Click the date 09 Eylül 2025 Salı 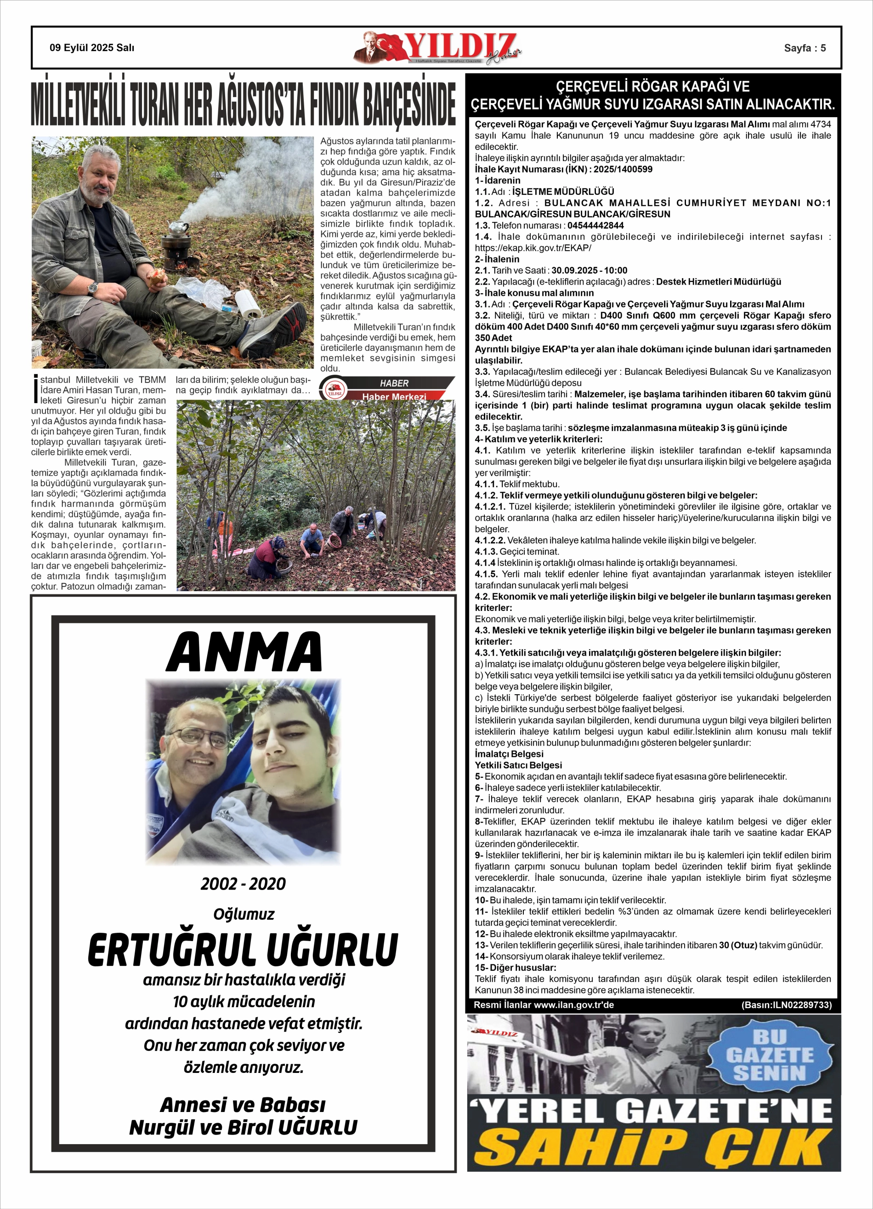click(x=92, y=48)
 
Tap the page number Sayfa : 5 click(x=804, y=48)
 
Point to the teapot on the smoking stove click(x=176, y=228)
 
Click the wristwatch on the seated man click(x=93, y=288)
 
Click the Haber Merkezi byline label click(x=394, y=397)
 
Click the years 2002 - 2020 click(x=243, y=884)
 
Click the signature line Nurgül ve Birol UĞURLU click(x=243, y=1128)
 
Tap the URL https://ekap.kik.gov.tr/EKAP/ click(x=533, y=248)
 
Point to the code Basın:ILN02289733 click(x=786, y=1005)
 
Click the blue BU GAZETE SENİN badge click(x=769, y=1055)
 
